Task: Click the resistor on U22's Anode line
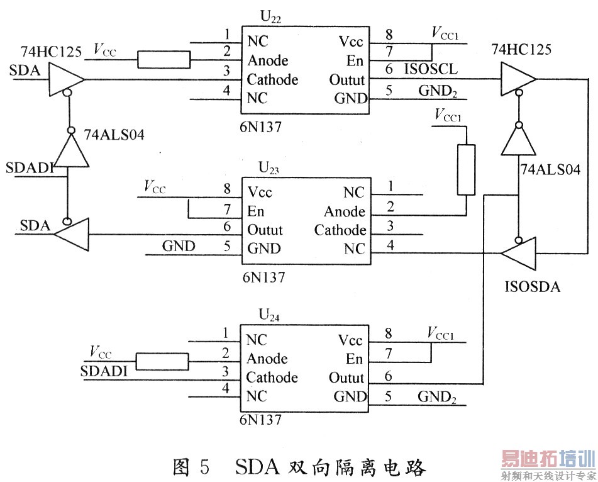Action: [x=163, y=60]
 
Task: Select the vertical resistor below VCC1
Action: [x=467, y=170]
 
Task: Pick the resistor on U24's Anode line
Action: [x=163, y=361]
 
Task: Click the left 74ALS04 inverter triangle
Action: [x=68, y=150]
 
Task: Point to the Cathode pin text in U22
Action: [x=272, y=80]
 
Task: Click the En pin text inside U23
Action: [x=257, y=211]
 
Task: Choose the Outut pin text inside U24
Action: [x=346, y=378]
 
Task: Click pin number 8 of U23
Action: [x=227, y=188]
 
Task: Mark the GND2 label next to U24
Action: [x=438, y=398]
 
